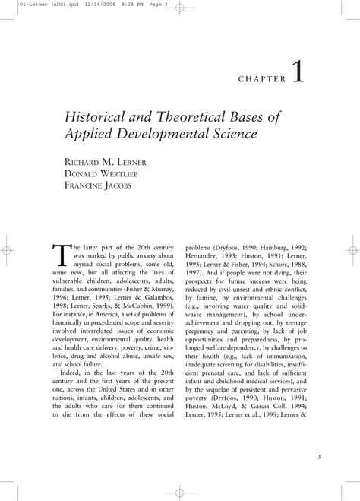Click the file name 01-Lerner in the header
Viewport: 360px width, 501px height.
pyautogui.click(x=17, y=4)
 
